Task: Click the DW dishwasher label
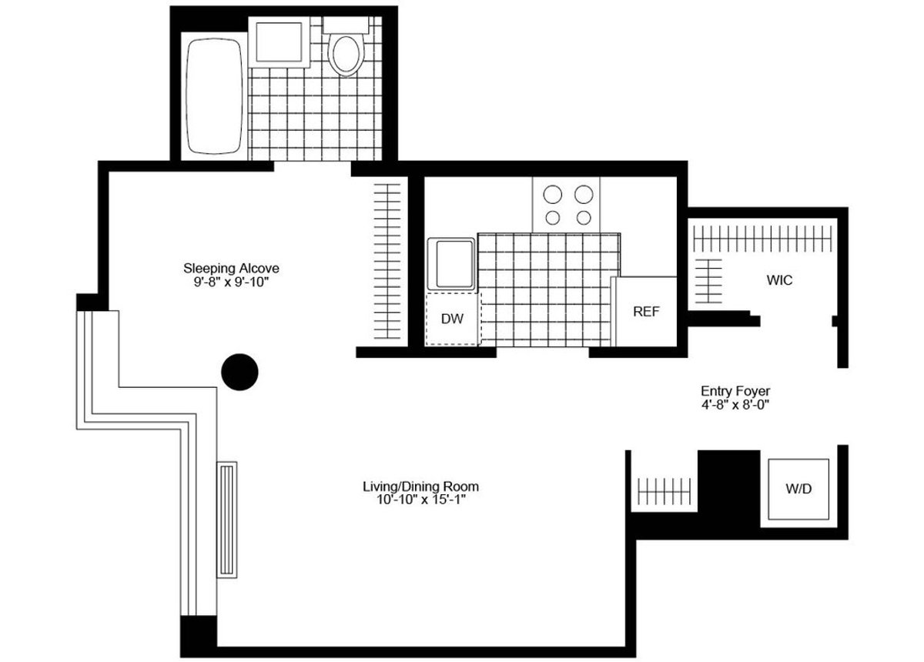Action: point(452,318)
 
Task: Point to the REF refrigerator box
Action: point(646,312)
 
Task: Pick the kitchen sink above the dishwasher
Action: point(452,264)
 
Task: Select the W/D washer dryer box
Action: point(798,489)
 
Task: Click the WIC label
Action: point(778,280)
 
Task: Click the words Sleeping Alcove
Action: point(230,269)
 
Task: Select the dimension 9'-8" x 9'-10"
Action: point(230,282)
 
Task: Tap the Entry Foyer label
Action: point(735,390)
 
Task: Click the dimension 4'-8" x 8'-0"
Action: point(735,404)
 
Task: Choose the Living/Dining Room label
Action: point(420,486)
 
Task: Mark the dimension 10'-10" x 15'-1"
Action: point(420,500)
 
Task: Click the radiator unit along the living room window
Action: point(227,519)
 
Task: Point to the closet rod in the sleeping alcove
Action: point(390,261)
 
